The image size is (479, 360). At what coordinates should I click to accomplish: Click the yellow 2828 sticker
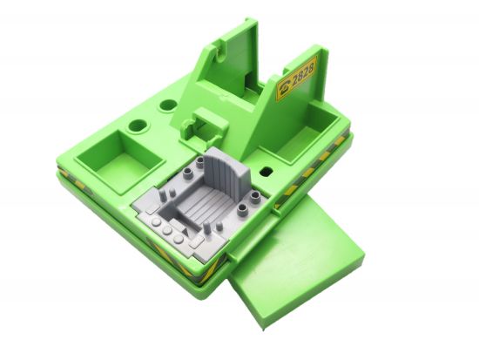[x=297, y=78]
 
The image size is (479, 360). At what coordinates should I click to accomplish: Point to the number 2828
[x=303, y=74]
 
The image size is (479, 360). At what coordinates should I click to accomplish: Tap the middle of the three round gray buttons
[x=167, y=231]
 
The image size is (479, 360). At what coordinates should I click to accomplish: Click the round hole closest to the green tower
[x=168, y=105]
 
